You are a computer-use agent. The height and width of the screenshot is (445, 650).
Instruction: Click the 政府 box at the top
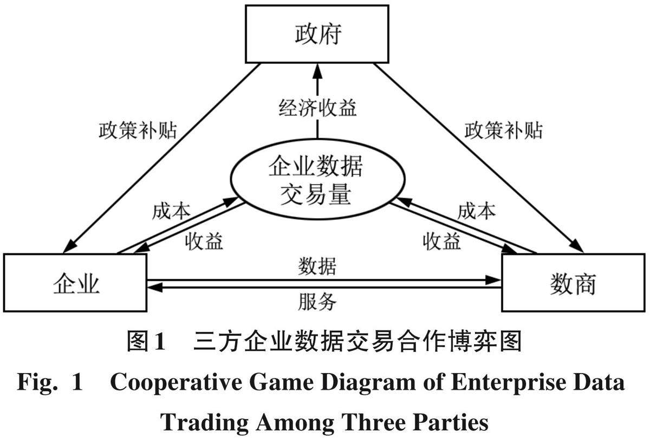click(x=317, y=35)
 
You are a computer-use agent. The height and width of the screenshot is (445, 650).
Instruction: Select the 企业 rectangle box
click(x=75, y=283)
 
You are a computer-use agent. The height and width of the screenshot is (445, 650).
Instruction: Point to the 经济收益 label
click(x=317, y=108)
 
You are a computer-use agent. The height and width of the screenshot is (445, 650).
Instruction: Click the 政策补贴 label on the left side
click(x=138, y=130)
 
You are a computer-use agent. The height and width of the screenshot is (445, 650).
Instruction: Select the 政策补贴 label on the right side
click(x=503, y=130)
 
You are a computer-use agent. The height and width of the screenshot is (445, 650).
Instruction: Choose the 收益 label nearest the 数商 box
click(x=442, y=241)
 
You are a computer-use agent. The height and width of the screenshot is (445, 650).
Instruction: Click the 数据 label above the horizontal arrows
click(x=317, y=267)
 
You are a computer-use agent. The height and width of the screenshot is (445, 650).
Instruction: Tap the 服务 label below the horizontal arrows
click(x=317, y=302)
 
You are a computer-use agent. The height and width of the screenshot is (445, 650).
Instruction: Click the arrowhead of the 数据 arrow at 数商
click(x=494, y=279)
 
